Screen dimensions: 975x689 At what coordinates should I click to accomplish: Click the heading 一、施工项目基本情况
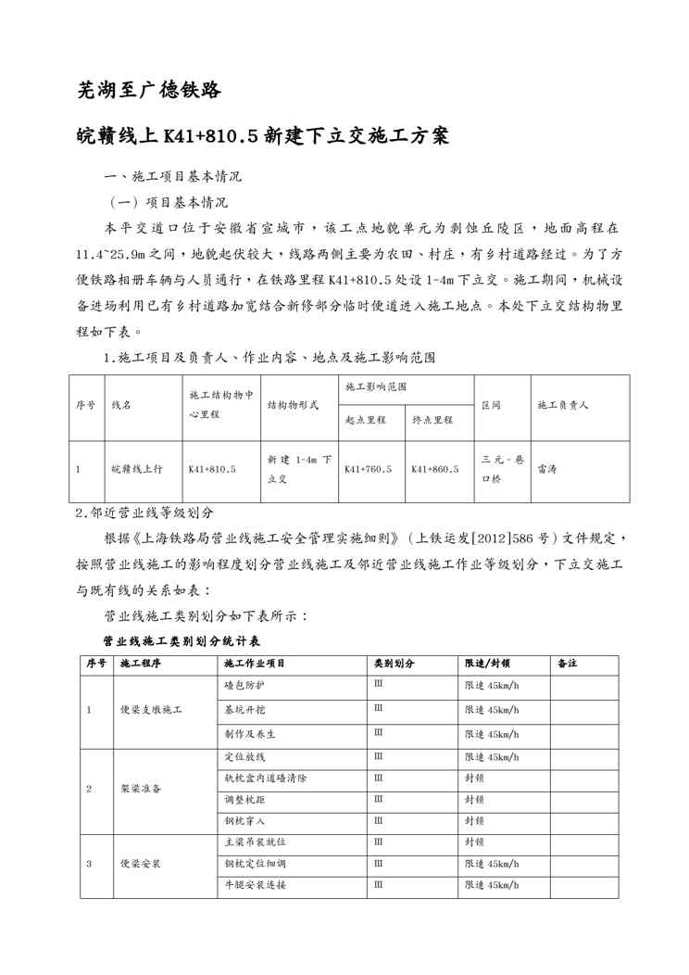175,175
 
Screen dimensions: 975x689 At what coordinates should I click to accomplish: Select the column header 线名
121,405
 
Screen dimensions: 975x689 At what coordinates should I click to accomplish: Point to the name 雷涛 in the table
547,469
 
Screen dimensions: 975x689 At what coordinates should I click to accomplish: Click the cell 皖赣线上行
136,469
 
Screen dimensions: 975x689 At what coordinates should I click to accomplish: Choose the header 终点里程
432,419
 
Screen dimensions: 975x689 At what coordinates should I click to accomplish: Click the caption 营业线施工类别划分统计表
182,640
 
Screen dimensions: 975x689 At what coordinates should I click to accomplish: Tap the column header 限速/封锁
488,664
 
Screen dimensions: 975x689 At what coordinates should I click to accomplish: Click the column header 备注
568,664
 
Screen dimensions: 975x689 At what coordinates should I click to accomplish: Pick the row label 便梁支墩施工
151,710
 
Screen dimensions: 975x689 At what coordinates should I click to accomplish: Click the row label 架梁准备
141,789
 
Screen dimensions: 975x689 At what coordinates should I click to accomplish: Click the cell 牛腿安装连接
255,885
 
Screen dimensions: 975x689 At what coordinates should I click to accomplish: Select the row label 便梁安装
141,864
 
